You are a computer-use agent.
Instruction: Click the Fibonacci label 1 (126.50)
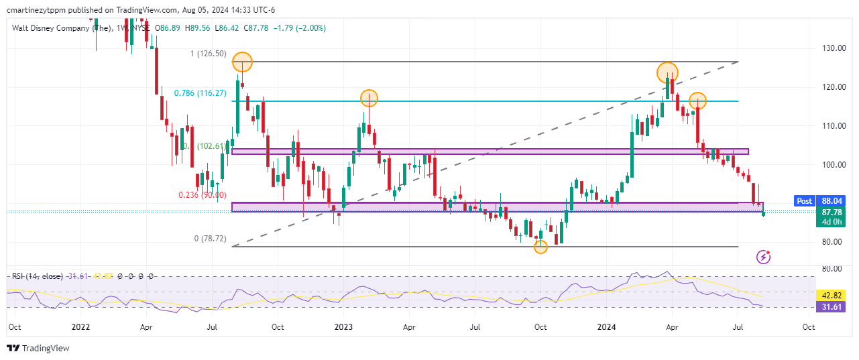[208, 54]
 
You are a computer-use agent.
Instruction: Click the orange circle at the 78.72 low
[540, 247]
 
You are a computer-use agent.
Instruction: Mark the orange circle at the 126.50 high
[242, 62]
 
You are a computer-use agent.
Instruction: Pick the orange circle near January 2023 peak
[368, 99]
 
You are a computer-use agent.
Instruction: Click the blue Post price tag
[803, 200]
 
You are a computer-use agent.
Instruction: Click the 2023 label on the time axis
[343, 327]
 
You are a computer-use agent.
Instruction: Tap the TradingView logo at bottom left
[38, 348]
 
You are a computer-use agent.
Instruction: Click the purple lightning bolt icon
[762, 256]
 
